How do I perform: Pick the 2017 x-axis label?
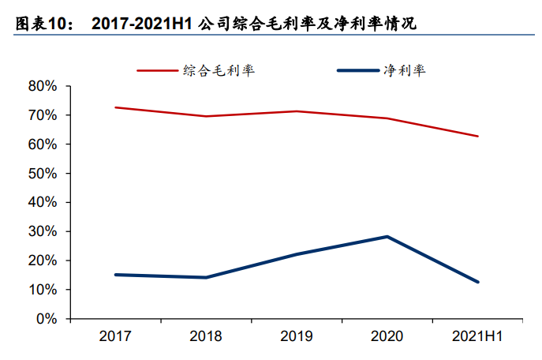pyautogui.click(x=115, y=336)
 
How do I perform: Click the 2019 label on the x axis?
pyautogui.click(x=297, y=336)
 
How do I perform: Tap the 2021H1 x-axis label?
pyautogui.click(x=477, y=336)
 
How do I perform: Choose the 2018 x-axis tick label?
pyautogui.click(x=206, y=336)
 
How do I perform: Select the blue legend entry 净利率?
pyautogui.click(x=404, y=70)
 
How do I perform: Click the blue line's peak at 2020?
pyautogui.click(x=387, y=237)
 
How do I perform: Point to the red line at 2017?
pyautogui.click(x=115, y=107)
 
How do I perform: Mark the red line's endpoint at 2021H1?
pyautogui.click(x=477, y=137)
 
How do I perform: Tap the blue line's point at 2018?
pyautogui.click(x=206, y=277)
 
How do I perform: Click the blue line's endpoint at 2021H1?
pyautogui.click(x=477, y=282)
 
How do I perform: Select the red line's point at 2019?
pyautogui.click(x=297, y=111)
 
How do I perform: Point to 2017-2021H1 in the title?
pyautogui.click(x=143, y=24)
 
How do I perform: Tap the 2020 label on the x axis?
pyautogui.click(x=387, y=336)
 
